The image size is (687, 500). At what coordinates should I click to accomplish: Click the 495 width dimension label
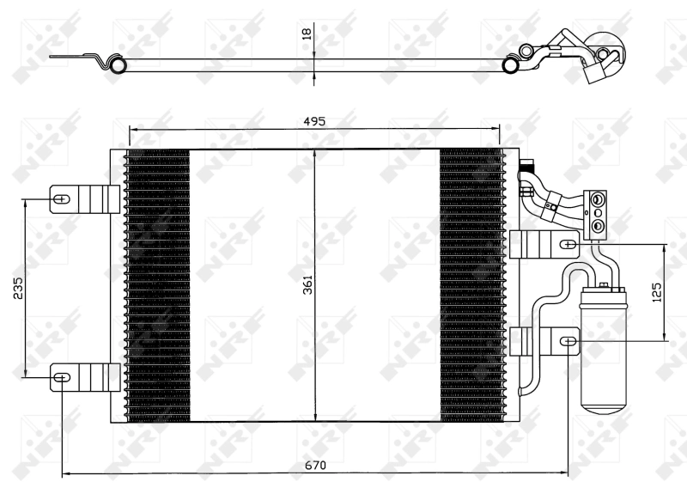314,121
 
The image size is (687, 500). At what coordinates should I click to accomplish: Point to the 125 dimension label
657,292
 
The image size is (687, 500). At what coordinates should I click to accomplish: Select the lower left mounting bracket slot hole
62,375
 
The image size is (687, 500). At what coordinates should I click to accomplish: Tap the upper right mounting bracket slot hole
568,244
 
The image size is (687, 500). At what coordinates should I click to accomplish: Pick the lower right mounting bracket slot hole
568,342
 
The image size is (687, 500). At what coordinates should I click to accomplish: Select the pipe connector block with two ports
597,212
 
